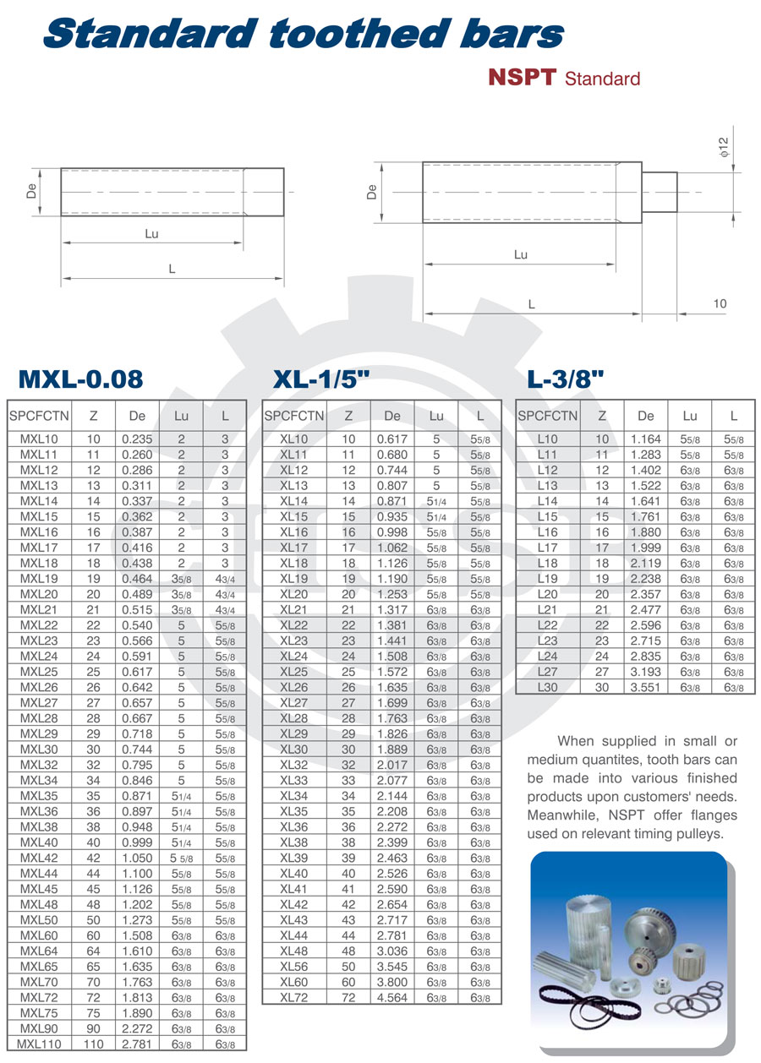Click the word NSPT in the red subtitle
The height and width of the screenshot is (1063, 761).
(522, 78)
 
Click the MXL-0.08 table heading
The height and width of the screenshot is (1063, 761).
(81, 379)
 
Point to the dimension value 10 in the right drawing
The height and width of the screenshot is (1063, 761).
(719, 303)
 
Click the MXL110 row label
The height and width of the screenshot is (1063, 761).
(40, 1044)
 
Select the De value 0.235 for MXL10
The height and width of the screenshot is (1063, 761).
(137, 439)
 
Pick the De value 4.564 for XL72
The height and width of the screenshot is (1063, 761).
(392, 997)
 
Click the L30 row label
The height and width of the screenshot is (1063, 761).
(548, 686)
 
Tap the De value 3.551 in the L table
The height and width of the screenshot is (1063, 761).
(646, 686)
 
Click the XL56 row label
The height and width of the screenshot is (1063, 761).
(294, 967)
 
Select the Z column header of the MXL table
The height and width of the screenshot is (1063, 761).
(93, 415)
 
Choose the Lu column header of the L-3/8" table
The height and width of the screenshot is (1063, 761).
(690, 415)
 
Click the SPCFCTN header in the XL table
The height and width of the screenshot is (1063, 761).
(294, 415)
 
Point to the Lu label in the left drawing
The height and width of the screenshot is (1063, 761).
(151, 233)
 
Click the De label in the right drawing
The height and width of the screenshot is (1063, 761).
(371, 192)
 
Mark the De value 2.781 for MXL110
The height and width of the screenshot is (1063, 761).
(137, 1044)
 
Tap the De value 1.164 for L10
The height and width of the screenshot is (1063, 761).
(646, 439)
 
